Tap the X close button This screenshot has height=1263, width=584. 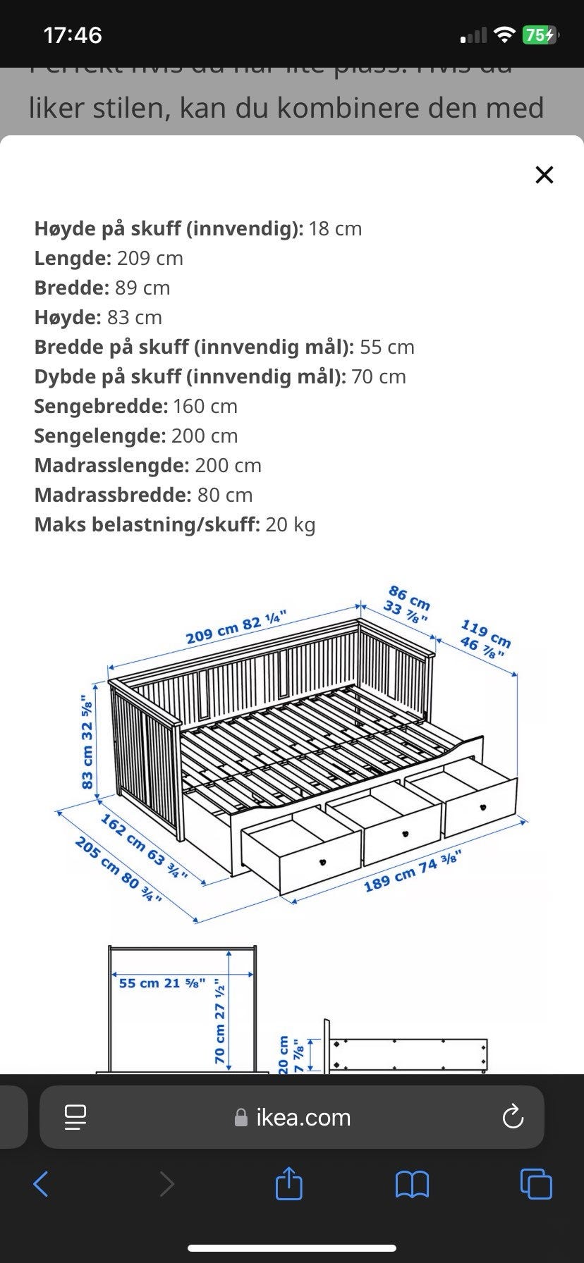pyautogui.click(x=544, y=175)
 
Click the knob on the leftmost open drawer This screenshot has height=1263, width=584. pyautogui.click(x=323, y=861)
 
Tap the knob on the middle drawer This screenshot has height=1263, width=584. pyautogui.click(x=406, y=834)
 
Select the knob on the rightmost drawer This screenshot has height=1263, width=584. pyautogui.click(x=482, y=807)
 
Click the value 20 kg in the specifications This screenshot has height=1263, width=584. pyautogui.click(x=291, y=524)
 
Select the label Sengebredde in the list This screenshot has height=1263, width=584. pyautogui.click(x=101, y=406)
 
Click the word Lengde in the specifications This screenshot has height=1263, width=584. pyautogui.click(x=73, y=258)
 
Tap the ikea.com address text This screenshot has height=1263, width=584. pyautogui.click(x=303, y=1117)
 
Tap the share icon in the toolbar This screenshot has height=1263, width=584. pyautogui.click(x=288, y=1183)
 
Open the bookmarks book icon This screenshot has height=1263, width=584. pyautogui.click(x=412, y=1184)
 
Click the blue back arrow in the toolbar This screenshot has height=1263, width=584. pyautogui.click(x=41, y=1184)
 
